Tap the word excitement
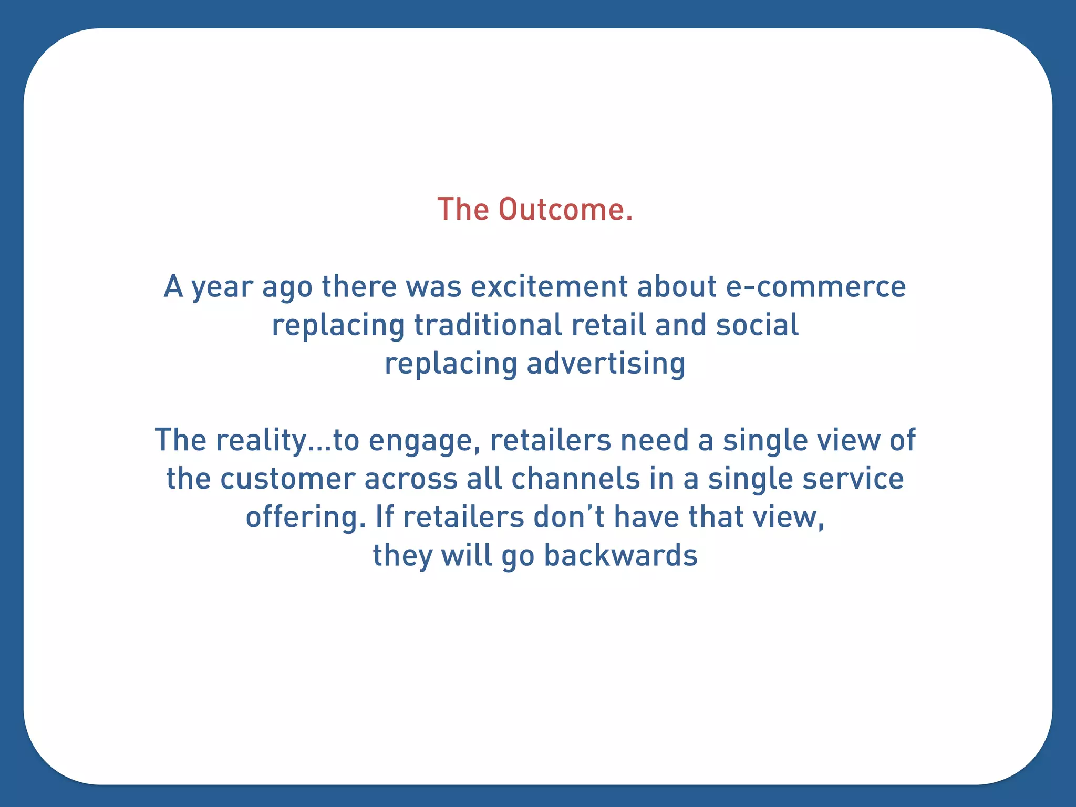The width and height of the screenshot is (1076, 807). (549, 287)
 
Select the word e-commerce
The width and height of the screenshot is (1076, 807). (815, 287)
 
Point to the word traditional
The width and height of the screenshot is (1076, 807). (488, 325)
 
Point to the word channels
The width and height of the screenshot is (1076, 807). (575, 479)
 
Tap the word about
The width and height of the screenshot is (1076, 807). (677, 287)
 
